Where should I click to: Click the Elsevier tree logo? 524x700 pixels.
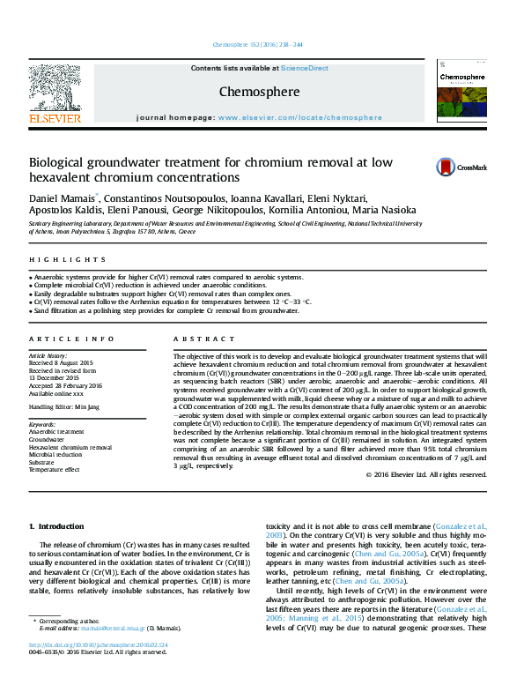[55, 90]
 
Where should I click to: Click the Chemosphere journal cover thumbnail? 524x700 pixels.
[461, 95]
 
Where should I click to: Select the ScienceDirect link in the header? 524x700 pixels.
[305, 68]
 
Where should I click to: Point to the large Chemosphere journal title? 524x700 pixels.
[259, 92]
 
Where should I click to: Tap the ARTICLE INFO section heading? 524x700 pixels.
[71, 339]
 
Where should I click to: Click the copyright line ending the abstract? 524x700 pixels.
[426, 474]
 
